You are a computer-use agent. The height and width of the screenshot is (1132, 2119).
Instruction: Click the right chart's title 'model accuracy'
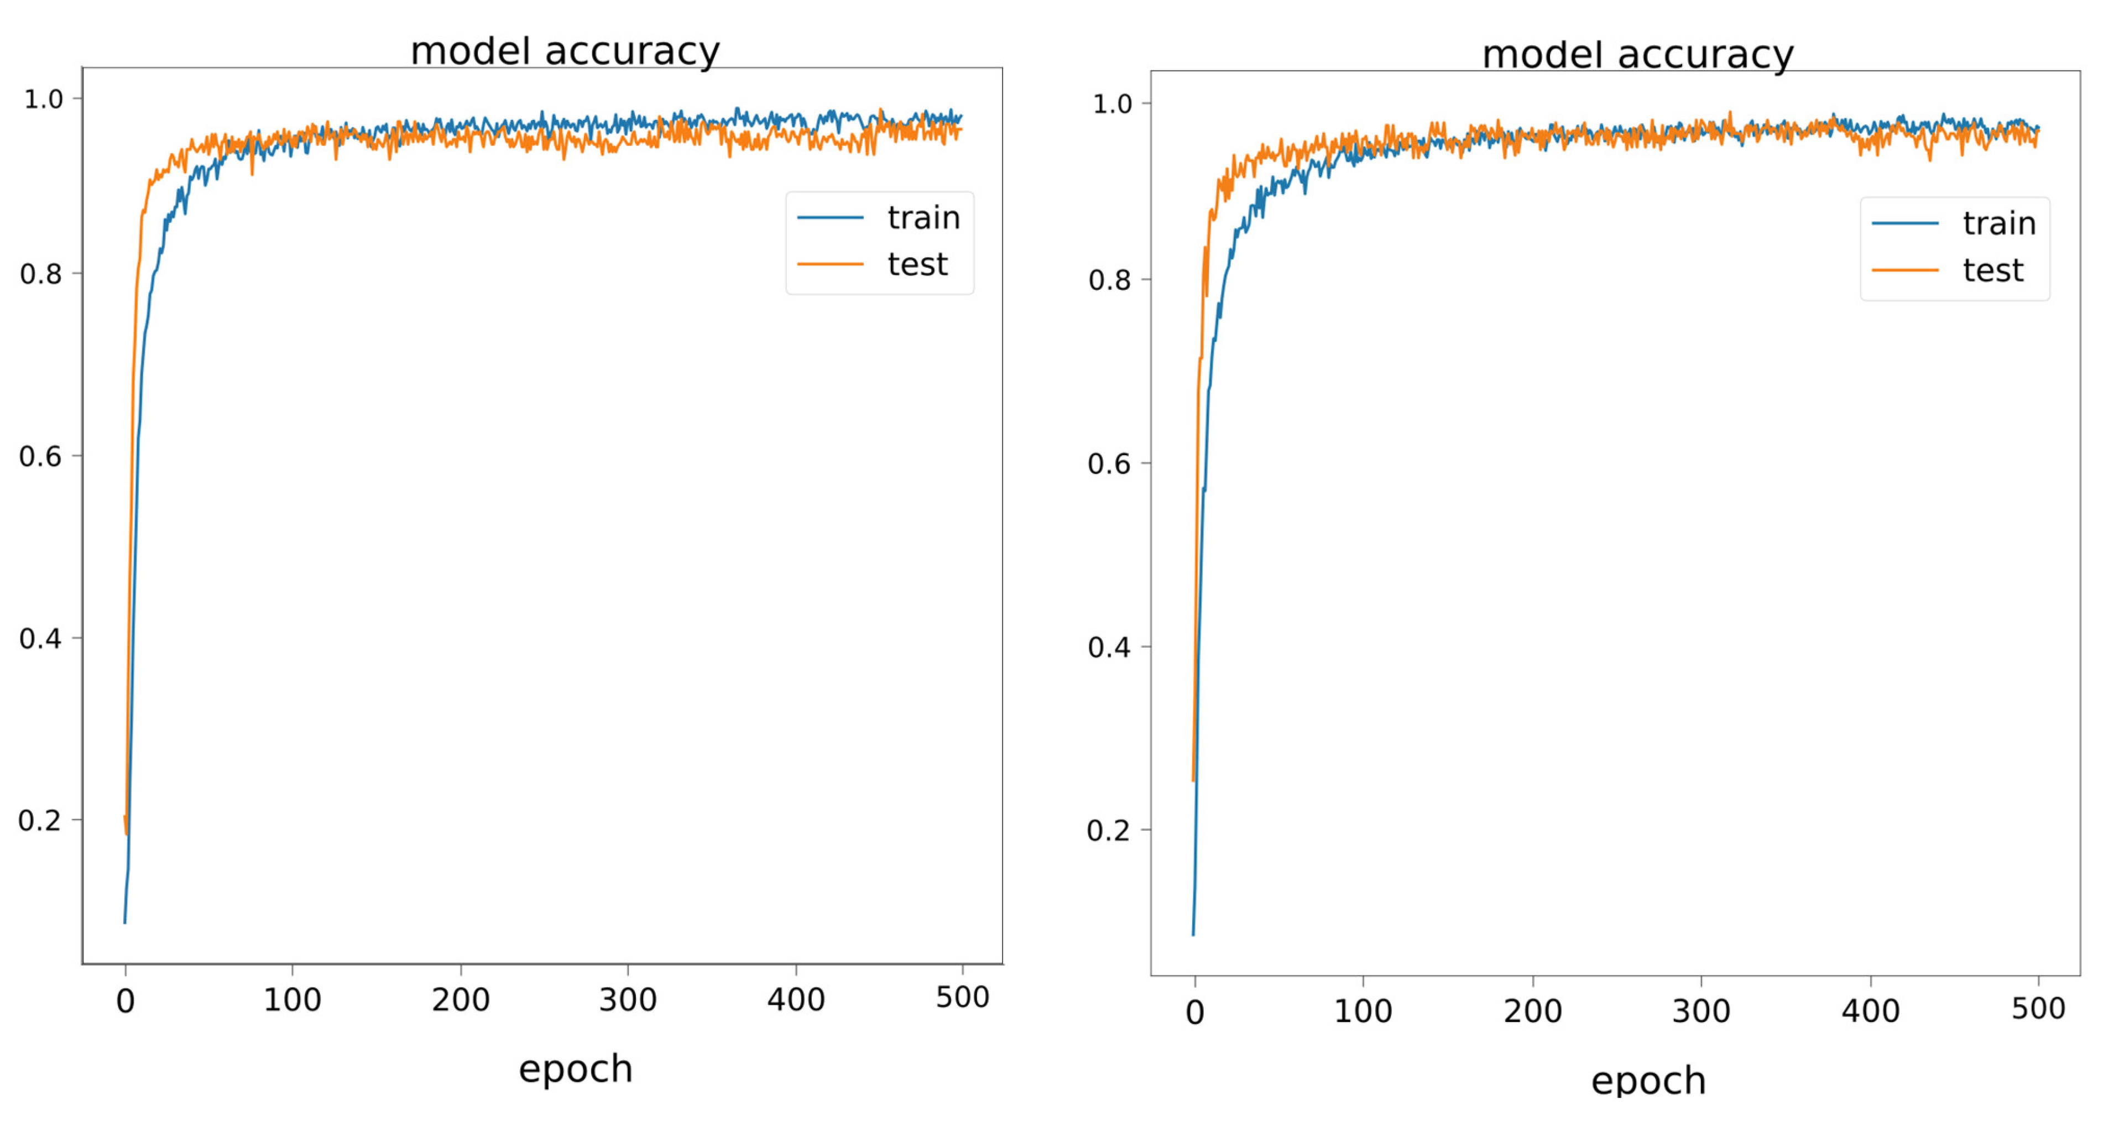[x=1637, y=55]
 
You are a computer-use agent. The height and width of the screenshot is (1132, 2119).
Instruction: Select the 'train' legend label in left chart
[x=923, y=218]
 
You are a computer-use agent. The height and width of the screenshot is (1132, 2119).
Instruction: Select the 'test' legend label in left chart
[x=917, y=265]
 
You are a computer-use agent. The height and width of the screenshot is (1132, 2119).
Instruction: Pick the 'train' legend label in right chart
[x=1999, y=224]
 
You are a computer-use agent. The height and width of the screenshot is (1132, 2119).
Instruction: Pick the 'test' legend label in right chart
[x=1992, y=270]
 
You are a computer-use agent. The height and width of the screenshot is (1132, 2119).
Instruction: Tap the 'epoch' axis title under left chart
[x=575, y=1070]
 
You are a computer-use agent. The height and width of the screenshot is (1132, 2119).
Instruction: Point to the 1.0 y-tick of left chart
[x=43, y=100]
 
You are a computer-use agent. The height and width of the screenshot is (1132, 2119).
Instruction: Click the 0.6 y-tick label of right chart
[x=1109, y=464]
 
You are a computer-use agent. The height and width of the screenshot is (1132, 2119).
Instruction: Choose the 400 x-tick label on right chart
[x=1870, y=1011]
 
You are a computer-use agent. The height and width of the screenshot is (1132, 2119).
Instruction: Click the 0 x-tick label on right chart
[x=1194, y=1013]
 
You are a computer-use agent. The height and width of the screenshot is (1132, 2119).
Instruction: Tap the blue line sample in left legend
[x=830, y=218]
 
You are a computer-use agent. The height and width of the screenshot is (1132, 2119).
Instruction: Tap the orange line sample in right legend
[x=1905, y=270]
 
